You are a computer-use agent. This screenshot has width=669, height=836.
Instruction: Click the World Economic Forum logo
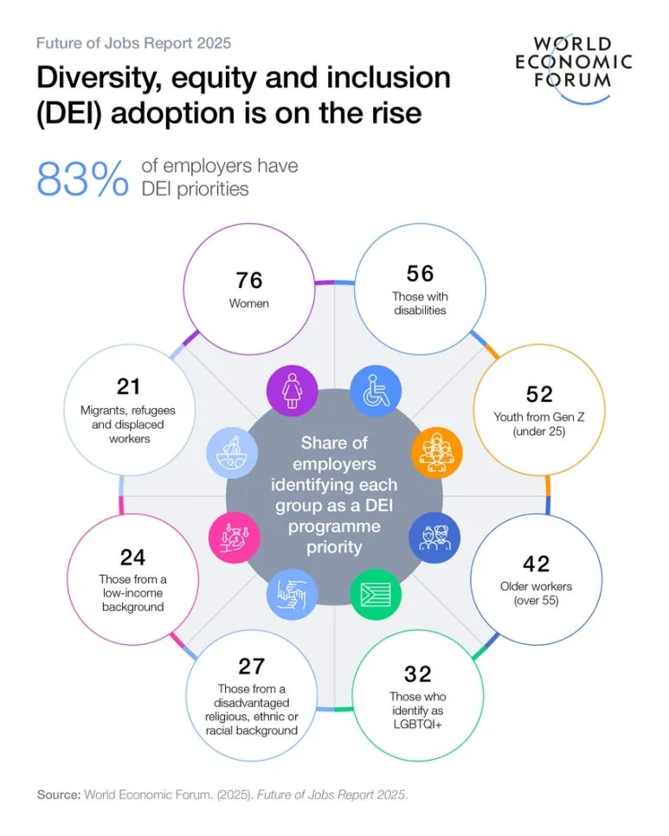coord(574,61)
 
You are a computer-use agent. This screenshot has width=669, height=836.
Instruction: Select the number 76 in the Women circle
coord(249,280)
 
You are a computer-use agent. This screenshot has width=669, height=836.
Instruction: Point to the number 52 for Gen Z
coord(539,394)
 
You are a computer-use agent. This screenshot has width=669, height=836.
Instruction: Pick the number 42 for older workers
coord(537,564)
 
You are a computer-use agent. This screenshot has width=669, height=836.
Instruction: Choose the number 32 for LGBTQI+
coord(417,673)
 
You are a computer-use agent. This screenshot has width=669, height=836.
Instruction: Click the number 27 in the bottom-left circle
coord(251,666)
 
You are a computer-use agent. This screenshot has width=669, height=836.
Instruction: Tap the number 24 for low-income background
coord(132,557)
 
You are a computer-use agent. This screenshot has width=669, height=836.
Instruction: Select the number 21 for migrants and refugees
coord(128,386)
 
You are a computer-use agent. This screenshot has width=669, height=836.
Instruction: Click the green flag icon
coord(375,595)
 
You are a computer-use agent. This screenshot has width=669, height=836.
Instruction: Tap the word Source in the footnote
coord(57,795)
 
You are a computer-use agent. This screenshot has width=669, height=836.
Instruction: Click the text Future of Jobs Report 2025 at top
coord(133,42)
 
